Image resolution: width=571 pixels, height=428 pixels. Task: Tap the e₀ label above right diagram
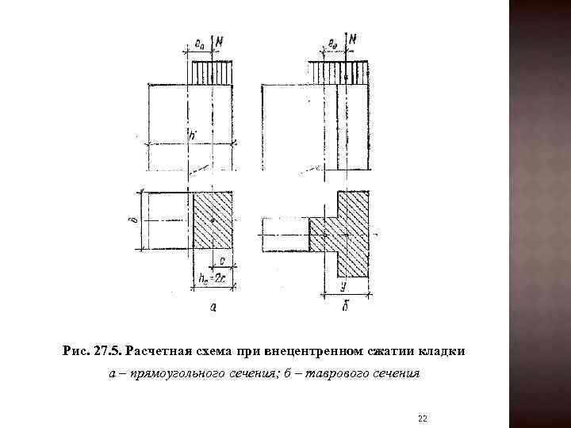click(x=331, y=42)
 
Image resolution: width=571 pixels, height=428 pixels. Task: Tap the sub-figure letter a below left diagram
click(x=213, y=307)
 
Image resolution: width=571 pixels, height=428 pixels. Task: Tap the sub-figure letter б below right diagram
click(x=345, y=306)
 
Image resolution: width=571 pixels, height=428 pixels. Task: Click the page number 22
click(x=422, y=417)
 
